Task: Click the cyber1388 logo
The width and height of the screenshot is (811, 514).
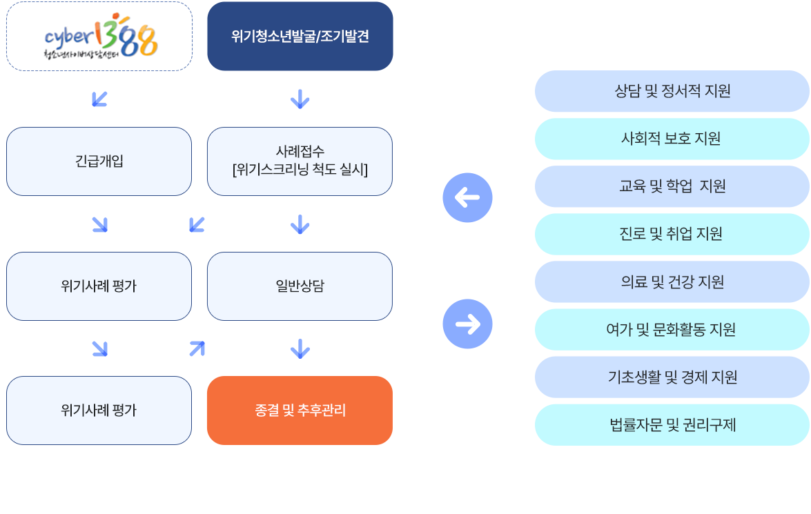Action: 99,37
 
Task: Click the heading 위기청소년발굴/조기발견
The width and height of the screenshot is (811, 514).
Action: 300,37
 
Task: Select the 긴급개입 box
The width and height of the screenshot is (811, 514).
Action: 99,161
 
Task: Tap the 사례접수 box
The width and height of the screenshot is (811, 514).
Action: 300,161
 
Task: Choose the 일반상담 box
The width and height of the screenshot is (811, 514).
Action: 300,286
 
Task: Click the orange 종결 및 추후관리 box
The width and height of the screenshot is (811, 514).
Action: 300,411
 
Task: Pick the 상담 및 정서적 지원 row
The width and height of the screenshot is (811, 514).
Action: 672,91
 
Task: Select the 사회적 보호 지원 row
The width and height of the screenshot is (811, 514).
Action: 672,139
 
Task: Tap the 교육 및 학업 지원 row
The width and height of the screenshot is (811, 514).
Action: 672,186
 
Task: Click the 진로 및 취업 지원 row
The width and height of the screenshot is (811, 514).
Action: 672,234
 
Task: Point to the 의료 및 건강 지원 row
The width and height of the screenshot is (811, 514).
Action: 672,281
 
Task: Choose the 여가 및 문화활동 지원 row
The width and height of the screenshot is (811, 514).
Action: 672,329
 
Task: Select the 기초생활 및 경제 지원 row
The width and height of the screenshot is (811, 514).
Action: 672,377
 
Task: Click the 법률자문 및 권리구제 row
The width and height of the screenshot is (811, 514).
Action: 672,424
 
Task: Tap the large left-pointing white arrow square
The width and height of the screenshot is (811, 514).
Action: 467,198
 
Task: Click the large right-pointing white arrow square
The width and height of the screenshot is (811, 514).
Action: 467,324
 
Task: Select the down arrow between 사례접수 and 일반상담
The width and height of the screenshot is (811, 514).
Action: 300,224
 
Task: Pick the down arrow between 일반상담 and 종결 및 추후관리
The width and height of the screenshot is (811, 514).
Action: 300,349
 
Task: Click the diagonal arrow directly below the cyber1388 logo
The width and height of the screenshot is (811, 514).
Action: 99,99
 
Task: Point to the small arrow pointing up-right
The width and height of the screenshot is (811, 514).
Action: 197,349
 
